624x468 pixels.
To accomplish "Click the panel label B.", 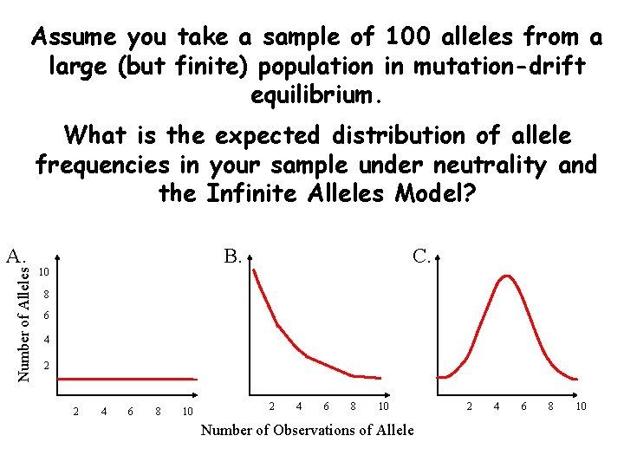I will (x=232, y=256).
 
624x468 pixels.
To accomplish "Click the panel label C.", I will (x=422, y=256).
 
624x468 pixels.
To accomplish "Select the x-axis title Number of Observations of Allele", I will (x=307, y=430).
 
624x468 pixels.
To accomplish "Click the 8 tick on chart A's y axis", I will (x=49, y=295).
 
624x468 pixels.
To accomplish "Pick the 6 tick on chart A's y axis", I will (x=49, y=316).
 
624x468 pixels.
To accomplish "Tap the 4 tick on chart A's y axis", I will (x=49, y=340).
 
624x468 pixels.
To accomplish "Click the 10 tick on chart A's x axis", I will (x=187, y=411).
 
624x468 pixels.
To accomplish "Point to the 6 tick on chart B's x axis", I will (x=326, y=406).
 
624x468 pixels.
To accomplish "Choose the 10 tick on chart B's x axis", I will (x=381, y=406).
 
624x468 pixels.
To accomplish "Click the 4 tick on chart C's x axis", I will (x=497, y=406).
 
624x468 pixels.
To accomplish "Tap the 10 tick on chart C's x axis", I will (x=581, y=406).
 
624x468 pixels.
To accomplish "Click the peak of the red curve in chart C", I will (x=505, y=276).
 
